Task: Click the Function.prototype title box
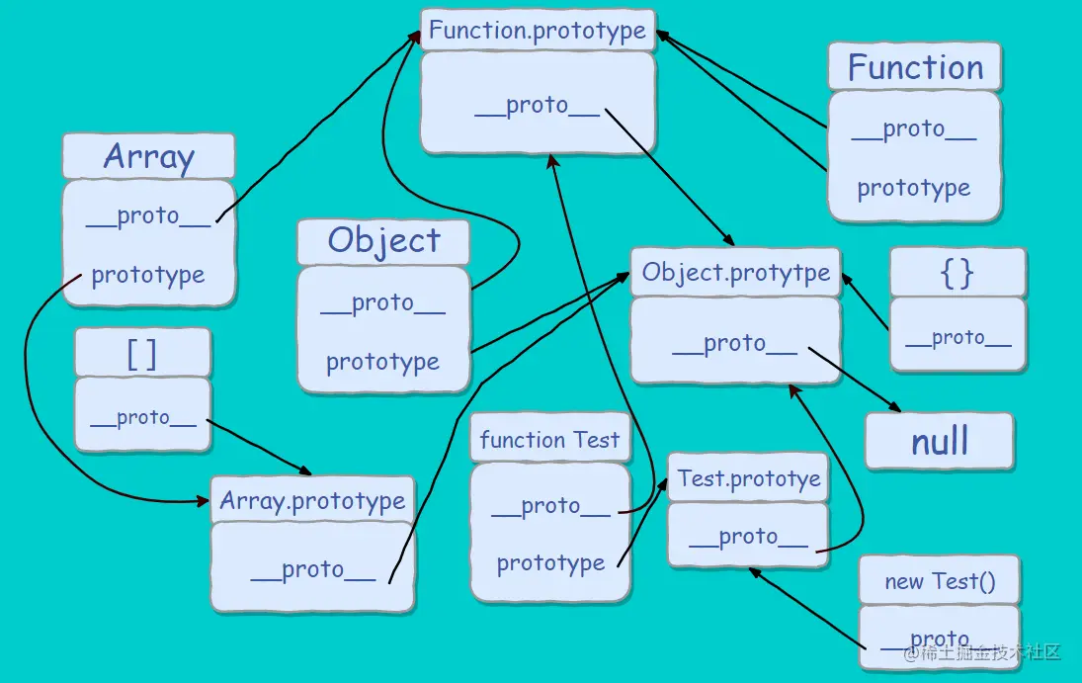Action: click(538, 30)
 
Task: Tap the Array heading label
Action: click(148, 156)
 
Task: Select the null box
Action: click(940, 441)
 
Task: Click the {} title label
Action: click(957, 273)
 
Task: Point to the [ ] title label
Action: click(142, 353)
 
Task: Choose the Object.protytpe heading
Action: click(736, 273)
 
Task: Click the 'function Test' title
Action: click(549, 440)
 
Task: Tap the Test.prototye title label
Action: click(749, 479)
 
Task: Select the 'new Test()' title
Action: click(939, 580)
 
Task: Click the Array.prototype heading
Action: click(312, 500)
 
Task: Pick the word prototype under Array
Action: click(148, 275)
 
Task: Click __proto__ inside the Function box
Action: click(914, 129)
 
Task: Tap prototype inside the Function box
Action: click(914, 188)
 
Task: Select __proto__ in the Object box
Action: click(382, 303)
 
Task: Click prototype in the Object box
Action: click(382, 362)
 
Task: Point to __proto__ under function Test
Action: click(550, 506)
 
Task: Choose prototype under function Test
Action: click(550, 563)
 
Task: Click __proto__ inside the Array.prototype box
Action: click(312, 569)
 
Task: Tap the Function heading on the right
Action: click(915, 67)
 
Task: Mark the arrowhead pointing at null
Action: click(895, 408)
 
